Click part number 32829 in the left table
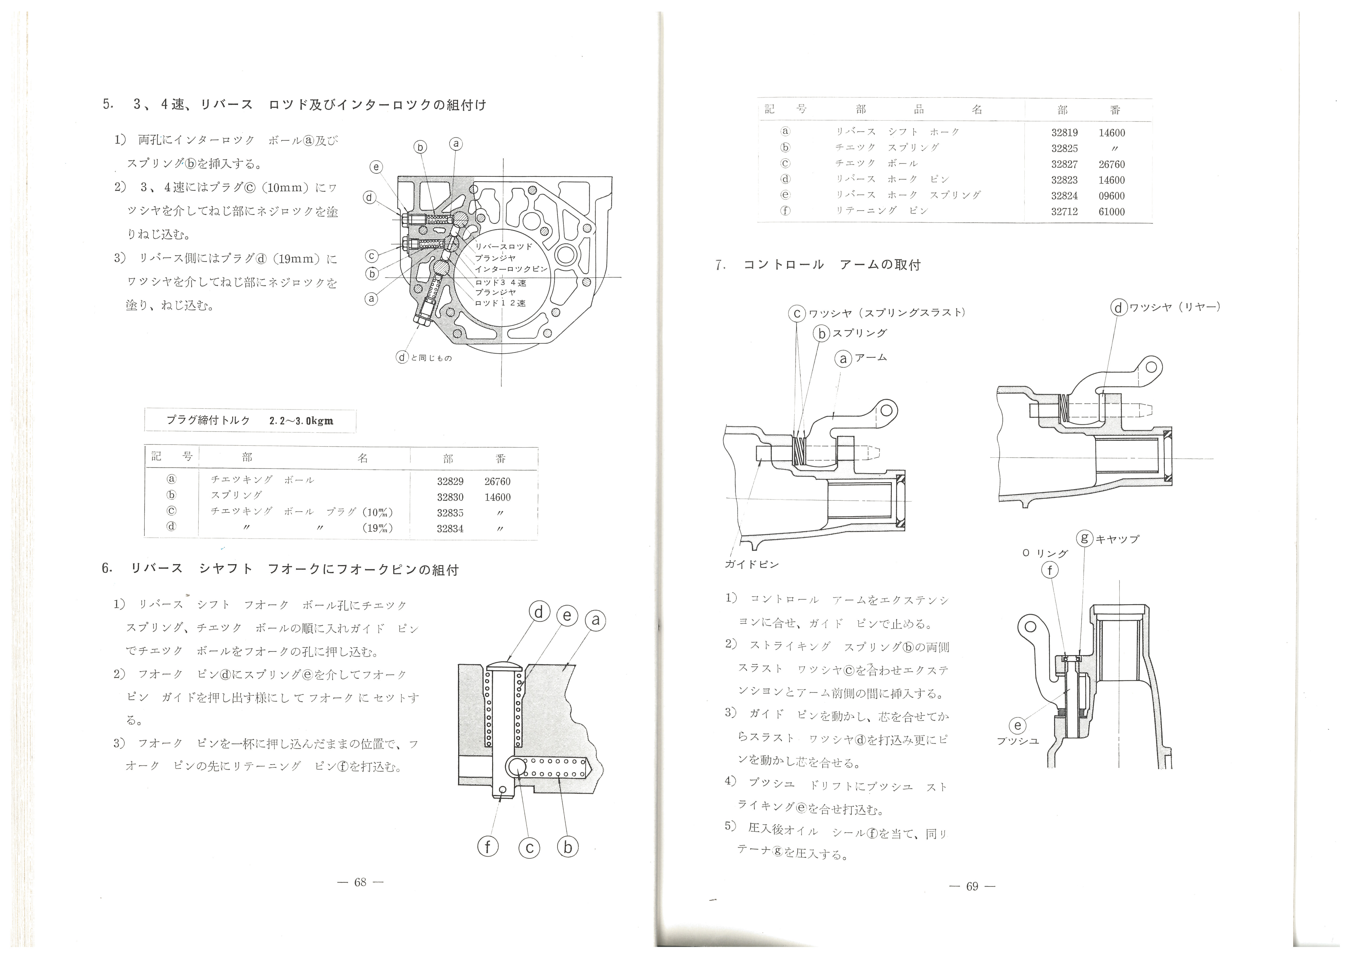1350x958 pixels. click(450, 481)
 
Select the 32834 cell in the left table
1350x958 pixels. click(450, 529)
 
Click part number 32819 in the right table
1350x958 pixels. click(1065, 133)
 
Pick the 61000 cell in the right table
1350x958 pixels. click(1112, 211)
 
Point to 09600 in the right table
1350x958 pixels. click(1112, 196)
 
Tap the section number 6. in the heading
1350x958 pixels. click(107, 568)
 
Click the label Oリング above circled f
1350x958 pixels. click(1045, 553)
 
